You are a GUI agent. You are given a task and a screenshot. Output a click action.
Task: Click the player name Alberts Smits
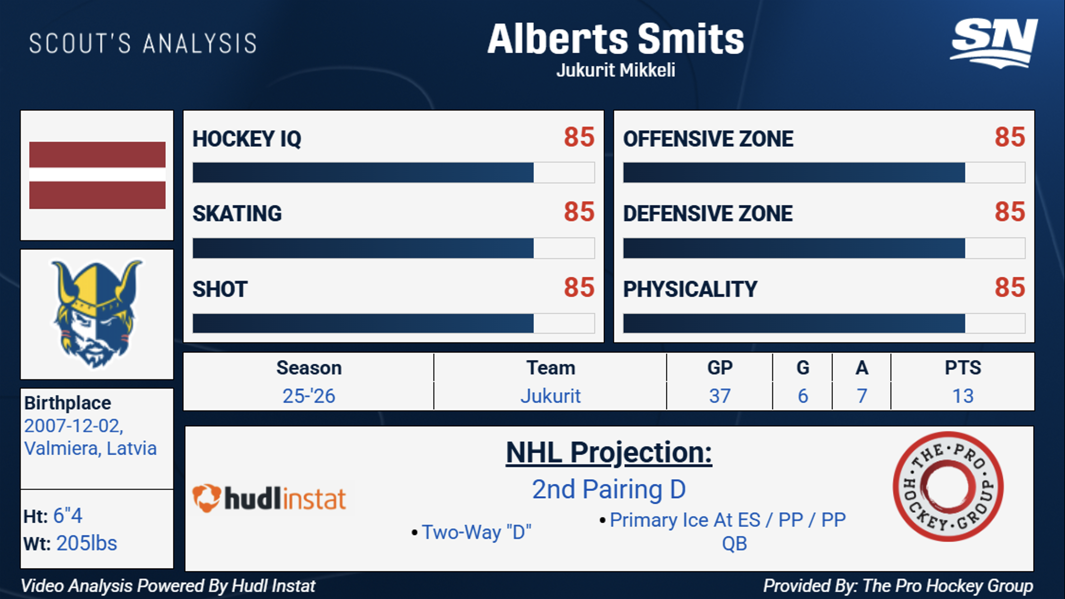tap(615, 39)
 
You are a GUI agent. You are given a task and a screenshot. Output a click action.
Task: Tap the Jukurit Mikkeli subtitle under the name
tap(616, 70)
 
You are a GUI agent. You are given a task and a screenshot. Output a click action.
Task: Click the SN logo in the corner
tap(994, 43)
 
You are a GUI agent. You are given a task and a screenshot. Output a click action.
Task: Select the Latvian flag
tap(97, 175)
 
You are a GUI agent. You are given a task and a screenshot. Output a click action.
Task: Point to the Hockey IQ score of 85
tap(579, 137)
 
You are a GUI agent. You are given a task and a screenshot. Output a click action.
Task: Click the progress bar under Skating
tap(393, 248)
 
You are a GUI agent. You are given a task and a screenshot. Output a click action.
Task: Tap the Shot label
tap(220, 289)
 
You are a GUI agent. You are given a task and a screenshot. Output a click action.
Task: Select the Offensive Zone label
tap(708, 139)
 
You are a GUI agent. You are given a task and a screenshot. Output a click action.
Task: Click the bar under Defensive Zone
tap(824, 248)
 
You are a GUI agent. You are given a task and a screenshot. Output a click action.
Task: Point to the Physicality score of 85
tap(1010, 288)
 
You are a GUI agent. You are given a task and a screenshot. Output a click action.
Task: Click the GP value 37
tap(720, 396)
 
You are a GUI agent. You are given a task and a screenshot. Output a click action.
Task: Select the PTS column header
tap(963, 368)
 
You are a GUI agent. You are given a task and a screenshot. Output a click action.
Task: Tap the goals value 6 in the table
tap(803, 396)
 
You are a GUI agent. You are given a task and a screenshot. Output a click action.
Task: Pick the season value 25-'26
tap(309, 396)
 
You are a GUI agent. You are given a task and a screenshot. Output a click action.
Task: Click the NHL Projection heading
tap(609, 452)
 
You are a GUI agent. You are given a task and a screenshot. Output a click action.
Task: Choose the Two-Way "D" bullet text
tap(476, 532)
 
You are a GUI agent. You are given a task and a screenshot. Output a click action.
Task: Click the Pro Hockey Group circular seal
tap(948, 486)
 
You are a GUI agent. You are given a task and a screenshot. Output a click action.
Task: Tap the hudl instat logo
tap(269, 498)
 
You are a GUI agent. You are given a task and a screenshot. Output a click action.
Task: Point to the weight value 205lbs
tap(87, 543)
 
